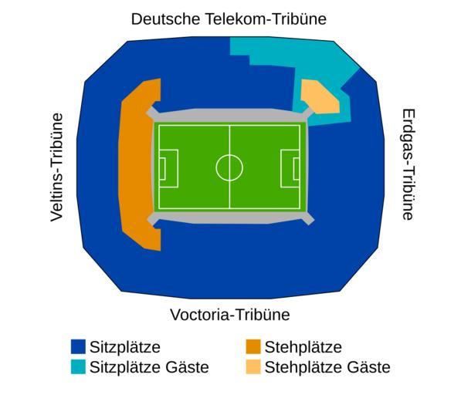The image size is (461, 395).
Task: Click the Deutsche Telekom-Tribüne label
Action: pos(229,19)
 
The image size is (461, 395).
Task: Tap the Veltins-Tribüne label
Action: pos(57,167)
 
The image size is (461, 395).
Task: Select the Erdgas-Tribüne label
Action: pos(408,164)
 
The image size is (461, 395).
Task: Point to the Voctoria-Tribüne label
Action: pos(230,315)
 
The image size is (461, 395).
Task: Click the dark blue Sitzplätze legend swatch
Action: pos(78,346)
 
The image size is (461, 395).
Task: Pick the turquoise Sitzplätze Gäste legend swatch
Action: pos(78,366)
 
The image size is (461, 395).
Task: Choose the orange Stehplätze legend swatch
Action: pos(253,346)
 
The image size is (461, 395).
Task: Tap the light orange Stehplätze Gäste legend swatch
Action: pos(253,366)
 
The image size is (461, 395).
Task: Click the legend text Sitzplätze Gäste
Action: pos(149,367)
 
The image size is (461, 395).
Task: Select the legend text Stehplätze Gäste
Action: pos(327,367)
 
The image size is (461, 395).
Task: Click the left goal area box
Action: pos(162,168)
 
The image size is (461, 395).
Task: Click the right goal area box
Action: pos(297,168)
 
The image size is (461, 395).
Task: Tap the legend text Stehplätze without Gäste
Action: pos(303,347)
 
